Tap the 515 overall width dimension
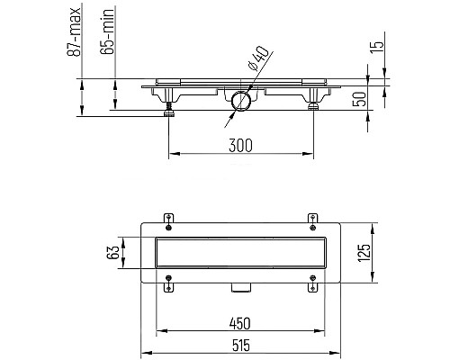[x=239, y=346]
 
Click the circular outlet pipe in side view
[x=239, y=100]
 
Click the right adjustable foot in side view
[x=313, y=108]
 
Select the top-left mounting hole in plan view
[x=169, y=219]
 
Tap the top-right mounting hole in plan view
[x=313, y=219]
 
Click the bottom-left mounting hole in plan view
[x=169, y=289]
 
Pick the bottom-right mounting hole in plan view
[x=313, y=289]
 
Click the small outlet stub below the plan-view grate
[x=239, y=287]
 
